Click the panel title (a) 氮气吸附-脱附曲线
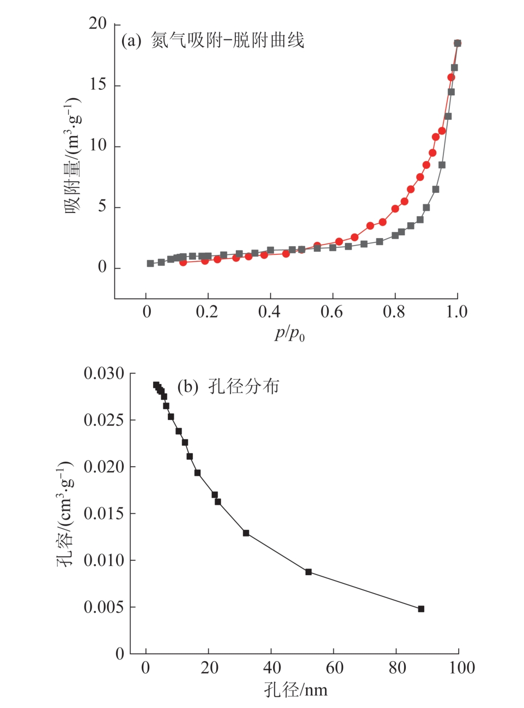[x=212, y=40]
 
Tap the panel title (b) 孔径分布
[x=228, y=387]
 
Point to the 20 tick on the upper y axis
[x=98, y=23]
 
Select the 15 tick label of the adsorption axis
[x=98, y=84]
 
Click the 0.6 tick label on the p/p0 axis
[x=331, y=312]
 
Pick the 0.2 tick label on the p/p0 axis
[x=207, y=312]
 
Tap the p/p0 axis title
[x=289, y=333]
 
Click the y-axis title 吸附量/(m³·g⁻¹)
[x=73, y=156]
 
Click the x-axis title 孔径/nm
[x=296, y=689]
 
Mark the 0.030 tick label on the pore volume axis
[x=104, y=374]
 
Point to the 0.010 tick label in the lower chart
[x=104, y=560]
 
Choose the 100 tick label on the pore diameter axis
[x=461, y=668]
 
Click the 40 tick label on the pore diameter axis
[x=271, y=668]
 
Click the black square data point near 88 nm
[x=421, y=609]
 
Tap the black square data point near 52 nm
[x=308, y=572]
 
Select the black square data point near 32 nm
[x=246, y=533]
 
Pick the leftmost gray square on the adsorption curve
[x=150, y=264]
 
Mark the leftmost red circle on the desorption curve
[x=183, y=263]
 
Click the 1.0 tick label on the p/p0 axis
[x=457, y=312]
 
